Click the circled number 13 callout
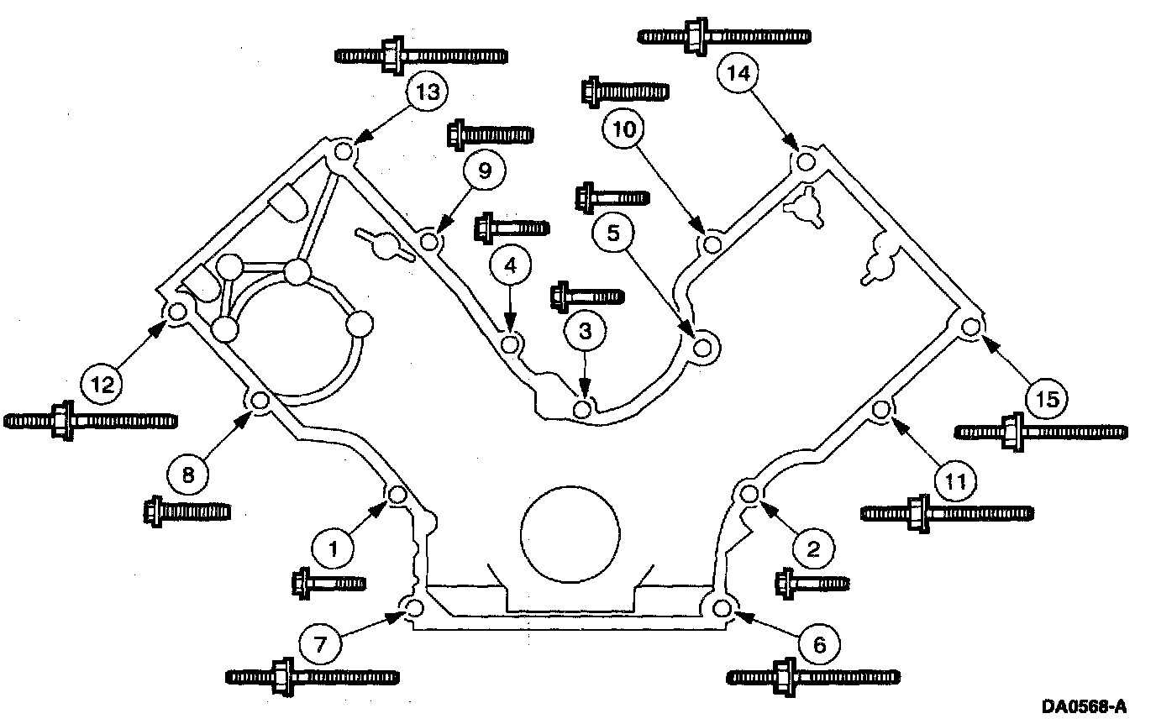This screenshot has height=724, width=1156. click(428, 92)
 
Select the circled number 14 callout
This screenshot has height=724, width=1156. click(738, 73)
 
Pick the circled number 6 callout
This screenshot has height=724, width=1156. click(820, 644)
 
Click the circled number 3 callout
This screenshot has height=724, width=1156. click(585, 331)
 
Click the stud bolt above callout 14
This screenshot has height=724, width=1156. click(723, 36)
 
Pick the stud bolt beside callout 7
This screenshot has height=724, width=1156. click(313, 675)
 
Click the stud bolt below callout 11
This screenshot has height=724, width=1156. click(947, 512)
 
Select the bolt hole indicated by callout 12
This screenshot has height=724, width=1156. click(176, 313)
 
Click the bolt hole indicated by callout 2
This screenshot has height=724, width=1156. click(750, 492)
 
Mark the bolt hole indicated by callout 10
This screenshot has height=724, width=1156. click(711, 244)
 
